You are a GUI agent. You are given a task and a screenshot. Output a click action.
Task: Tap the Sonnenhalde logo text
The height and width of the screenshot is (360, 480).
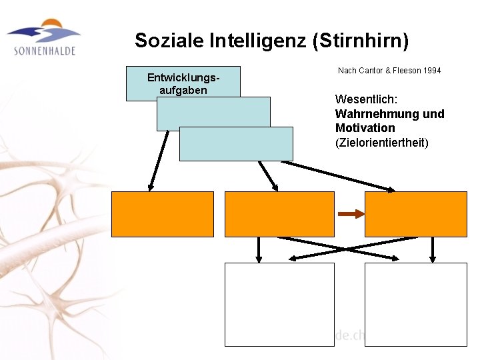tap(44, 50)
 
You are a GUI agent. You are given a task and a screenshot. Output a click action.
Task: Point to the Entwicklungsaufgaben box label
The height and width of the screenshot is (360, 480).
tap(183, 83)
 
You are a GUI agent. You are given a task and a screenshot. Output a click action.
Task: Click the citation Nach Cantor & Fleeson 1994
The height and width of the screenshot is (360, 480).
tap(389, 70)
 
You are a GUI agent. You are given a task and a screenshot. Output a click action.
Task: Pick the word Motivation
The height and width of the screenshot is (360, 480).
tap(365, 127)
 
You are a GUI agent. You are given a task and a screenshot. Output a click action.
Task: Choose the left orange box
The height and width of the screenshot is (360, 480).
tap(163, 214)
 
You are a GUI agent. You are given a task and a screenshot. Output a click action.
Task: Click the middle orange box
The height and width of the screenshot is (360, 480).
tap(279, 214)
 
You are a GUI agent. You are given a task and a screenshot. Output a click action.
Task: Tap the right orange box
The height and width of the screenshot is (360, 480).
tap(416, 214)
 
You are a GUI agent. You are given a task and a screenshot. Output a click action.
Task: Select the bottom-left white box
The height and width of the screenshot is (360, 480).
tap(279, 304)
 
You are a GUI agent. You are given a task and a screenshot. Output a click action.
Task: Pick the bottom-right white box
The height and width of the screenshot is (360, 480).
tap(416, 304)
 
